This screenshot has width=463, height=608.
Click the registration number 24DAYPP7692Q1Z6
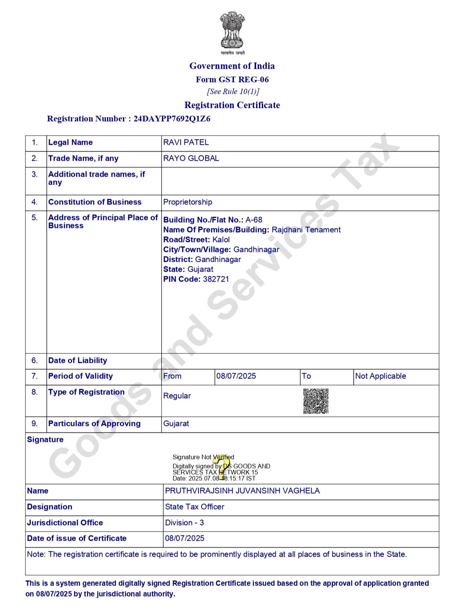(x=172, y=119)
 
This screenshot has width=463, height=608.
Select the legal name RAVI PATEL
(x=186, y=142)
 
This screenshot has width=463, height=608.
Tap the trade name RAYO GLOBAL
(x=191, y=158)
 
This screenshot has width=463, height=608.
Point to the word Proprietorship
(x=187, y=202)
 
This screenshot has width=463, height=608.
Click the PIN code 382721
(x=216, y=279)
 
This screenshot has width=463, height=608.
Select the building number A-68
(x=254, y=220)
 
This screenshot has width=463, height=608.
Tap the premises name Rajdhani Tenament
(x=306, y=230)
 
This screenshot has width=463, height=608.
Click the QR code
(x=316, y=401)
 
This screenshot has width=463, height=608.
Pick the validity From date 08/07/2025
(x=236, y=376)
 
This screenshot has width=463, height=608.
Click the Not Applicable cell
(x=380, y=376)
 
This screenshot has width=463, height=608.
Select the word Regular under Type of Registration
(x=177, y=396)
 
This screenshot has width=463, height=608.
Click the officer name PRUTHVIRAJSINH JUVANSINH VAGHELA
(x=242, y=491)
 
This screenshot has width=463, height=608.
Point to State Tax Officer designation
(x=194, y=507)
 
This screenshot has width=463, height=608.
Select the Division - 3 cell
(x=184, y=523)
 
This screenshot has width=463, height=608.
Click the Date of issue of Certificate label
(x=77, y=538)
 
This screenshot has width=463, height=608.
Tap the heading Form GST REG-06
(x=232, y=79)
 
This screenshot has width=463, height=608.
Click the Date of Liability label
(x=77, y=361)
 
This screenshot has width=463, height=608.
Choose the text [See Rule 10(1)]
(x=233, y=92)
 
